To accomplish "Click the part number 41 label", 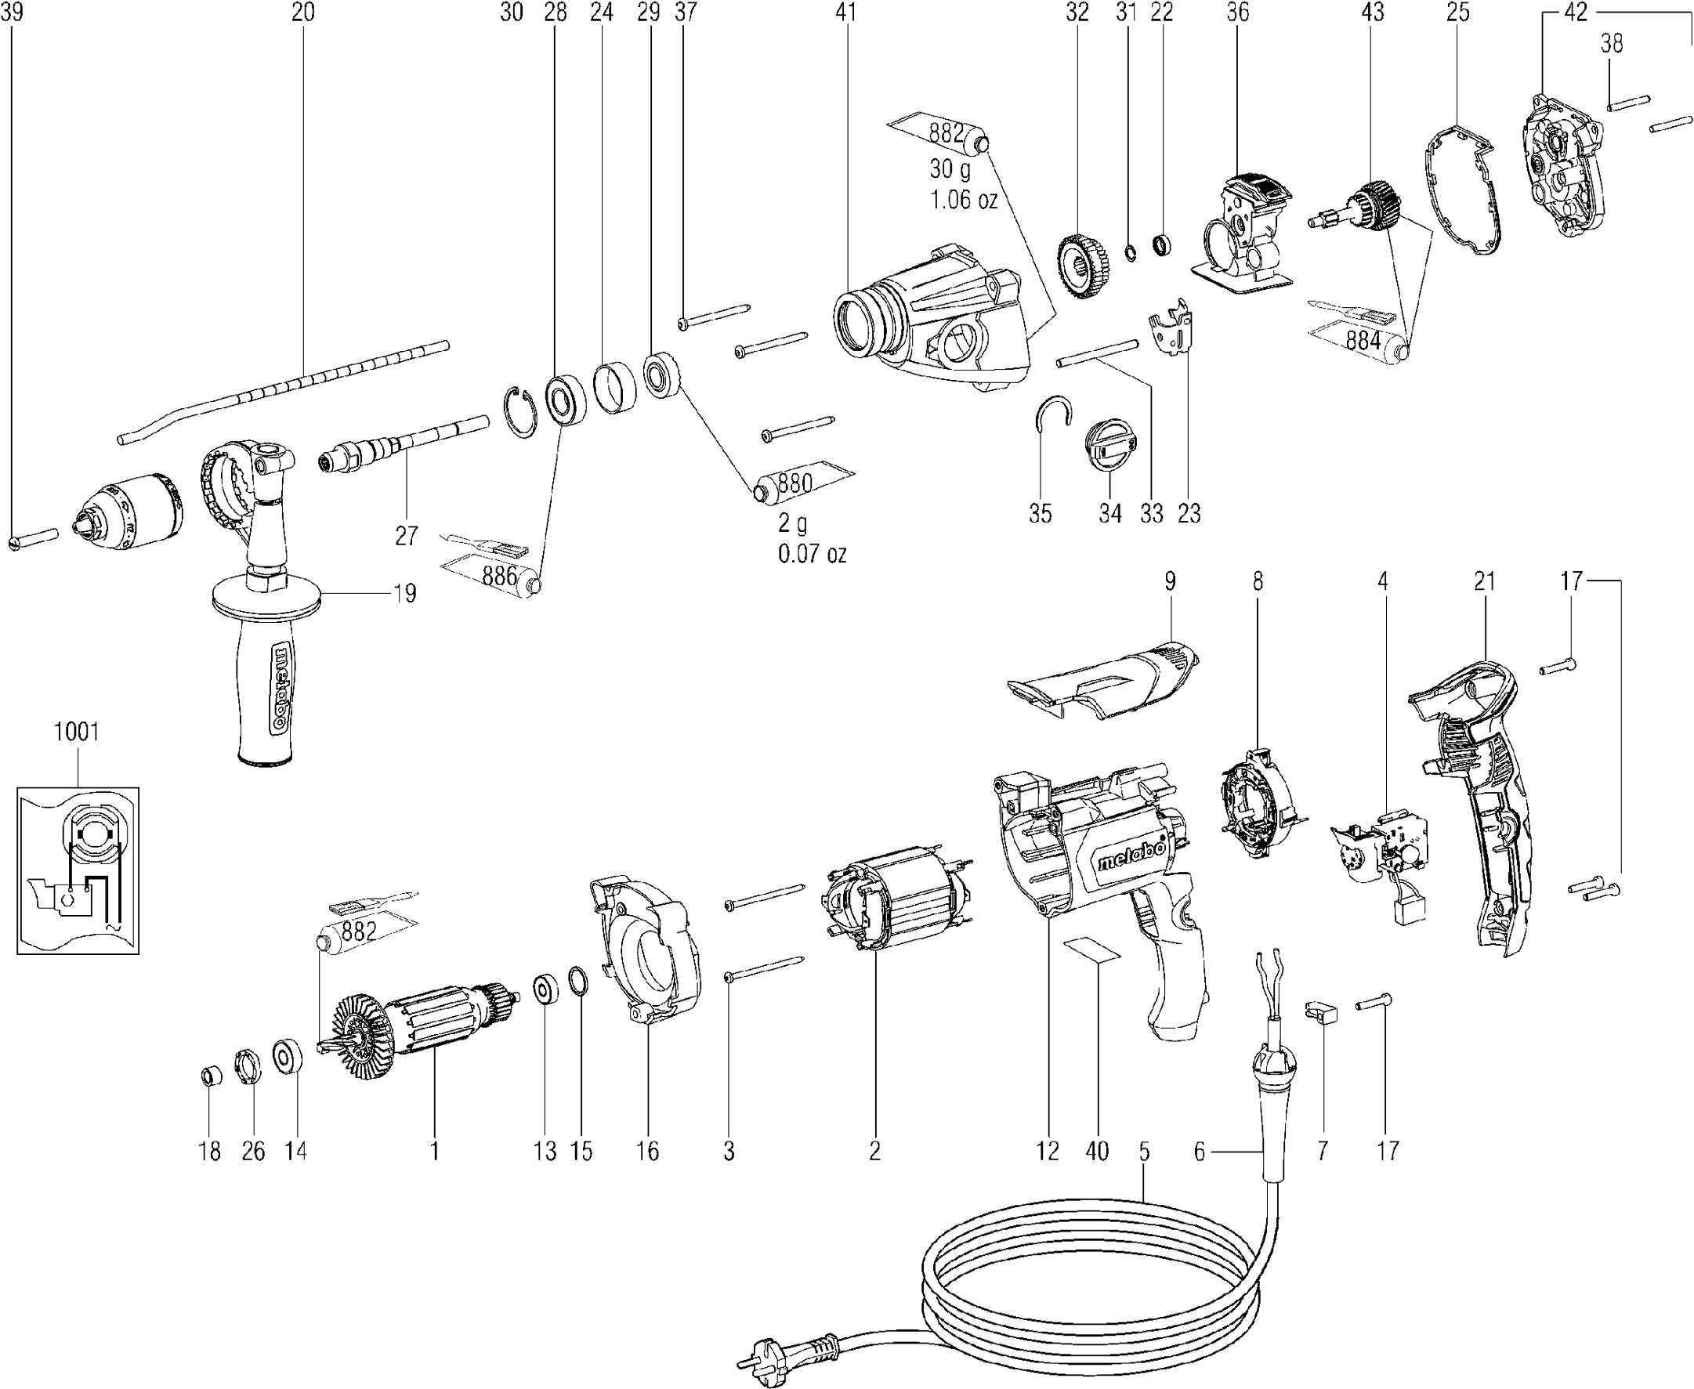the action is (845, 12).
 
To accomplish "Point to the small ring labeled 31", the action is (1130, 254).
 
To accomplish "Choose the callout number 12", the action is (1048, 1152).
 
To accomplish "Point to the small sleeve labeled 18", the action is (210, 1076).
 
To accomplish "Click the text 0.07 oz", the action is (813, 554).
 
